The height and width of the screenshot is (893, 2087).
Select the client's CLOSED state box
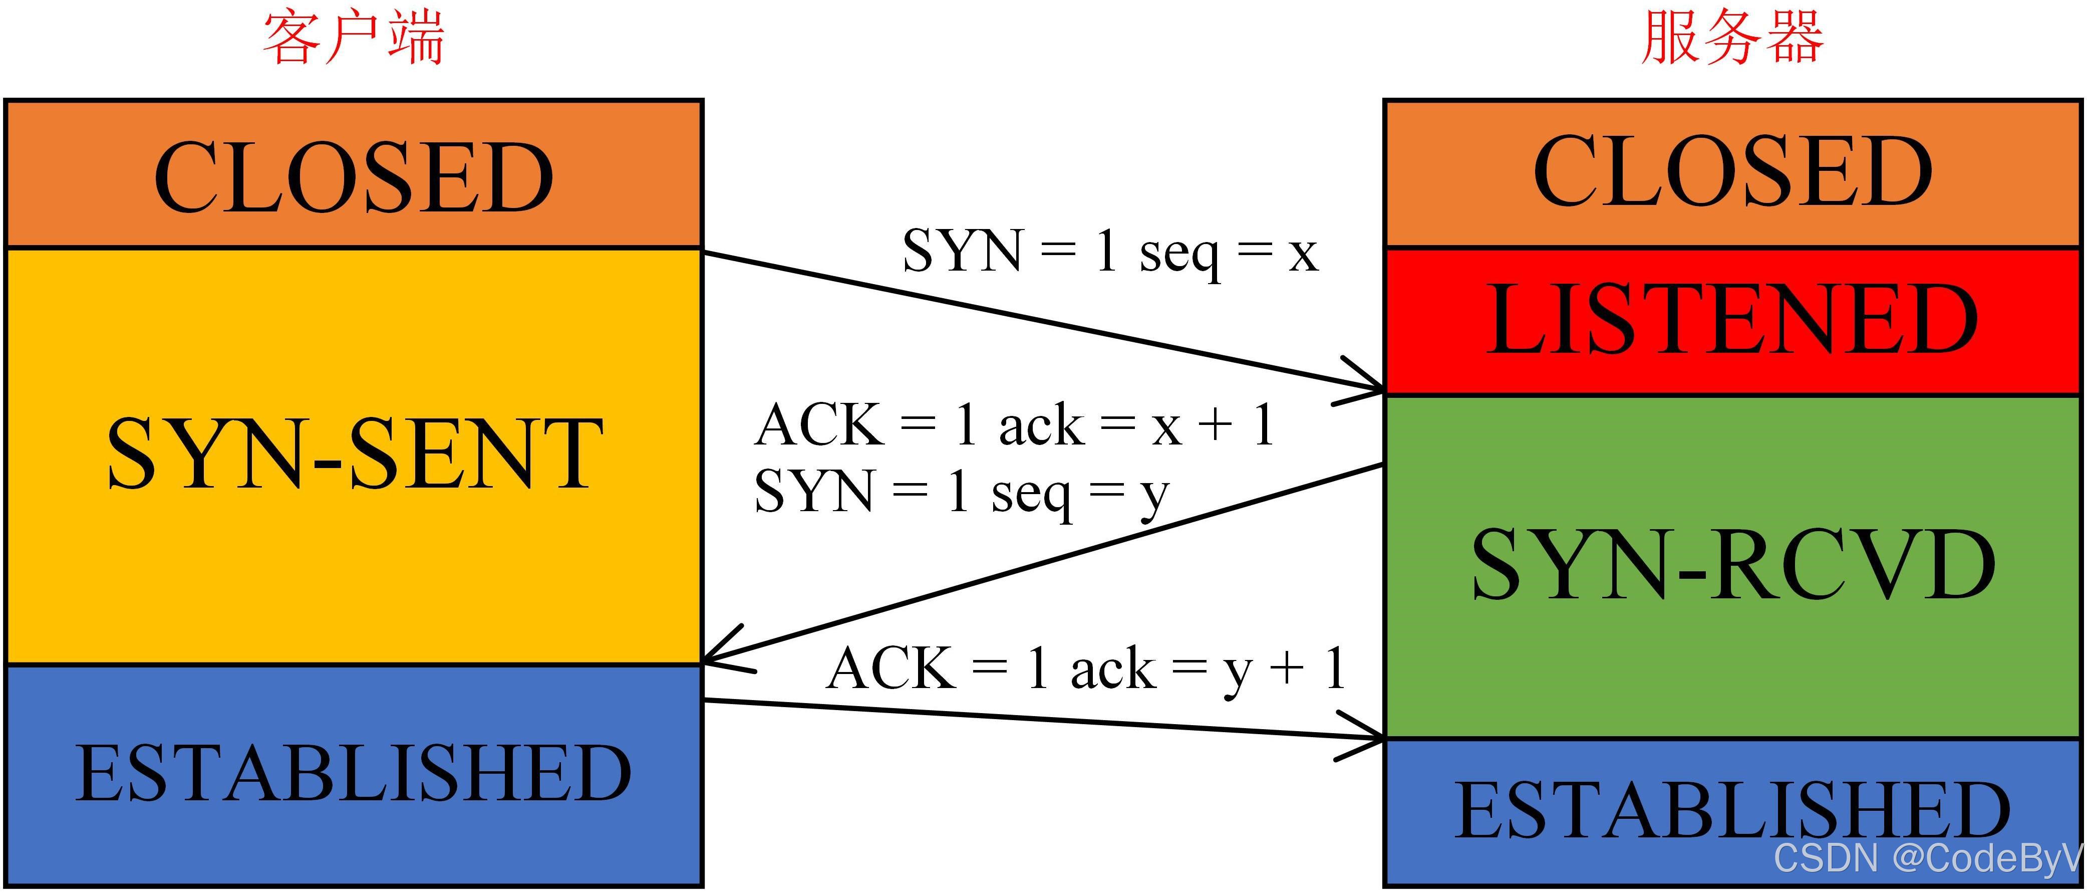(x=354, y=174)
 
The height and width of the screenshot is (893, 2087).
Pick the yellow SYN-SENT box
(x=354, y=454)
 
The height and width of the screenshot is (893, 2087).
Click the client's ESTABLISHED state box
(x=354, y=774)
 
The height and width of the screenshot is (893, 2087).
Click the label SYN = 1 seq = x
(x=1110, y=251)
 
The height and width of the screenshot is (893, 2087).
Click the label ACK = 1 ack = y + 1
(x=1086, y=669)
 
